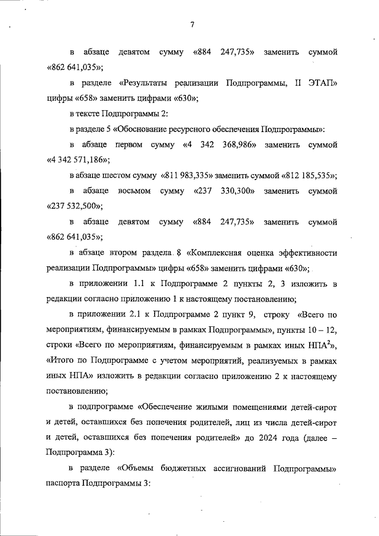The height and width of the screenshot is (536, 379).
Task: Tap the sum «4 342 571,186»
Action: click(78, 160)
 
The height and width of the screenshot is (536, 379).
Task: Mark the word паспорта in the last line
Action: click(63, 483)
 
